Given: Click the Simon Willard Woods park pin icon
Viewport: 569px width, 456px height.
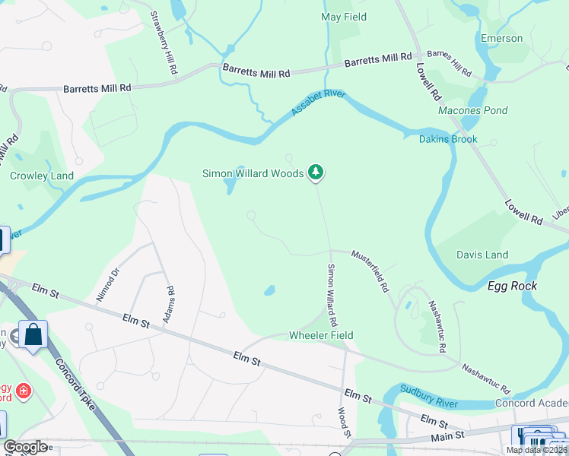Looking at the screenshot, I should coord(316,173).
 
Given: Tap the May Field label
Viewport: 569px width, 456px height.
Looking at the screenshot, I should coord(344,17).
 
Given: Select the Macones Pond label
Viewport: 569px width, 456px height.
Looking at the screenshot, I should coord(472,110).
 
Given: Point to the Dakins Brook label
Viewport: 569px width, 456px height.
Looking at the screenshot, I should coord(448,139).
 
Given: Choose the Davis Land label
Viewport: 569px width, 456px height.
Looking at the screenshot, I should coord(482,255).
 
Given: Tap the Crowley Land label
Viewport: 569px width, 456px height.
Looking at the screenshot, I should coord(42,176).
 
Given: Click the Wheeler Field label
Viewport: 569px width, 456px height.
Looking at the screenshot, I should coord(321,335).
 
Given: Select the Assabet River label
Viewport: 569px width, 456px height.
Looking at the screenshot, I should coord(318,104).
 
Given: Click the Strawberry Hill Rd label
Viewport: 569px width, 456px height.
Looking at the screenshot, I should coord(164,43).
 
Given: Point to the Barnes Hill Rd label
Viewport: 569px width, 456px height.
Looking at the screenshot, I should coord(449,64).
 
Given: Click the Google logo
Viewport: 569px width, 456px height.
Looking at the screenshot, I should coord(25,447).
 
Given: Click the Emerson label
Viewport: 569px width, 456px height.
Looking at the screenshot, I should coord(501,38).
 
